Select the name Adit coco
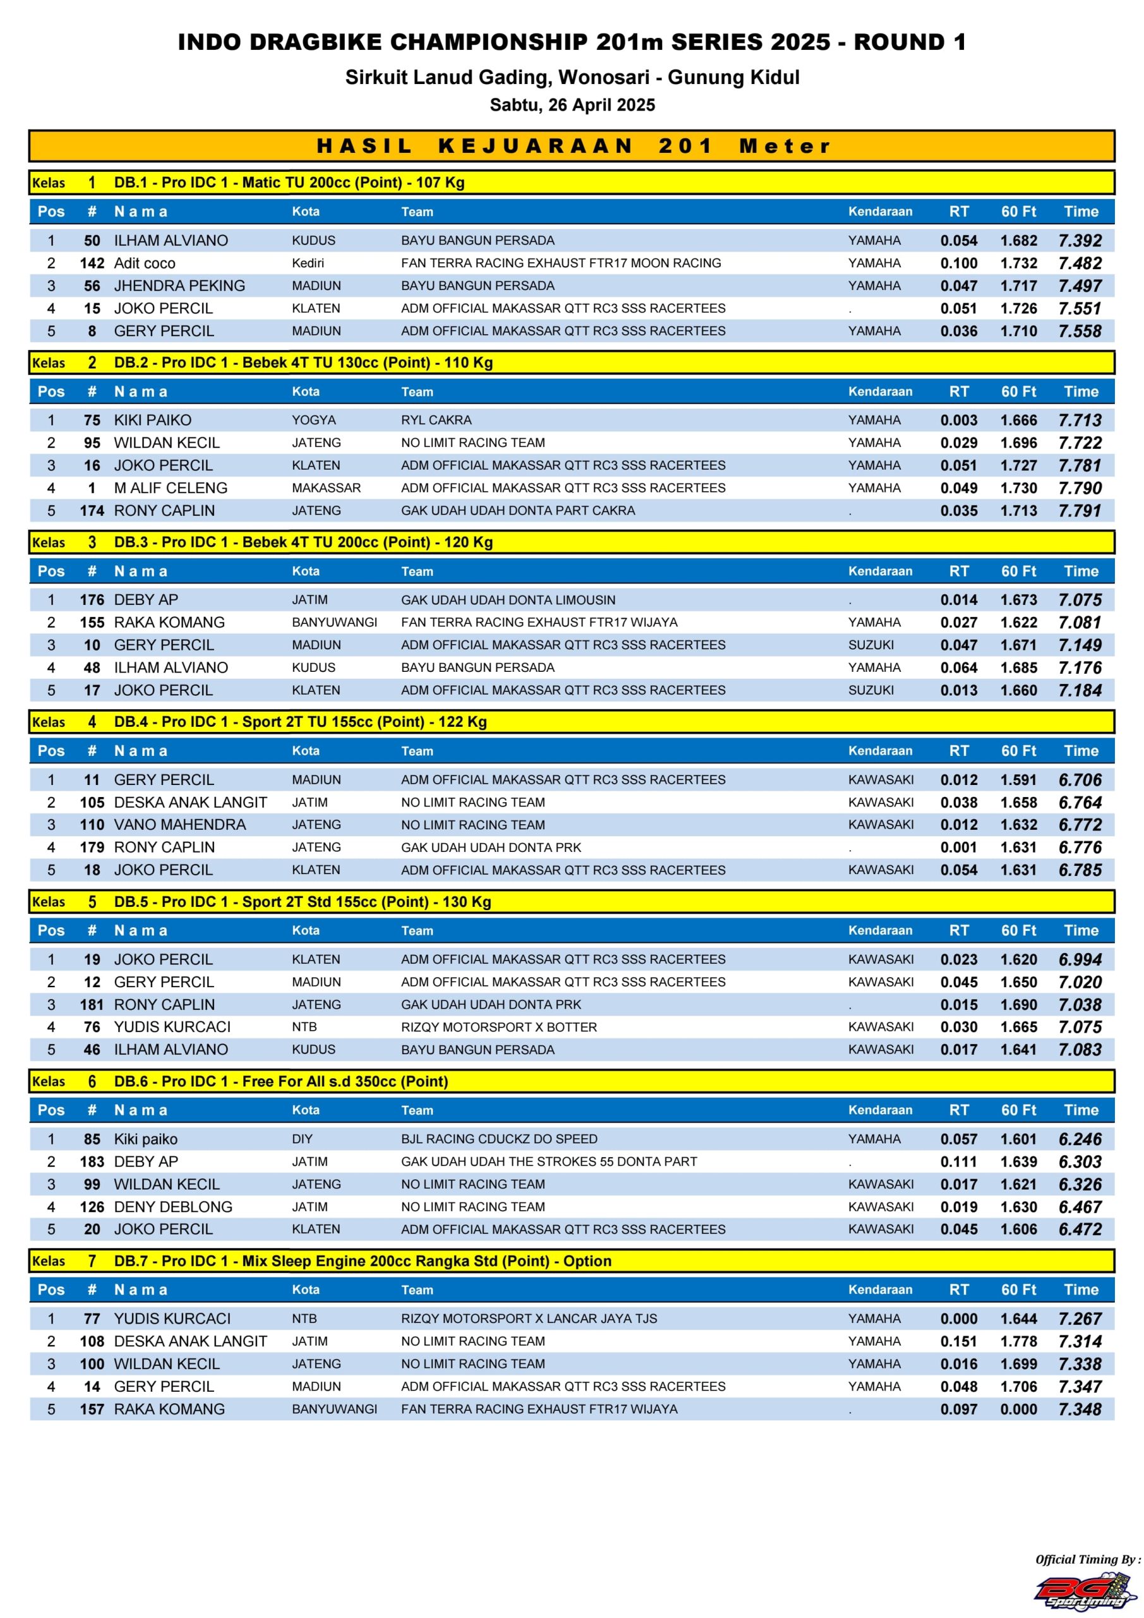click(145, 263)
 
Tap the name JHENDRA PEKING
click(179, 286)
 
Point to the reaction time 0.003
click(958, 420)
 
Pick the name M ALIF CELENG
click(171, 488)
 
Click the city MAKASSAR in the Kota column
click(326, 488)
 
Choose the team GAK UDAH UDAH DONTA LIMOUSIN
click(508, 600)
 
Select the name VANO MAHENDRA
click(179, 825)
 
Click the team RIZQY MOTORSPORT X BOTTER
click(499, 1027)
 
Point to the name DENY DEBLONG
click(172, 1207)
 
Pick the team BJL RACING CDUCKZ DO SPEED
click(499, 1139)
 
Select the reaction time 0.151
click(958, 1341)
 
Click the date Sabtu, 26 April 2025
click(572, 105)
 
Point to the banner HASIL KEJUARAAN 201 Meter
click(572, 146)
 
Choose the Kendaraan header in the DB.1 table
click(879, 211)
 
